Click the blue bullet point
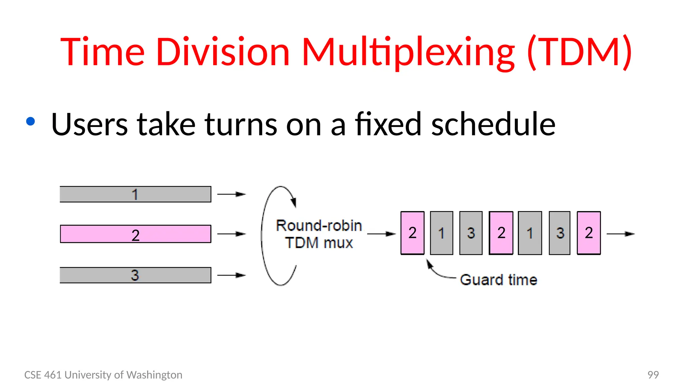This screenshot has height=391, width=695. pyautogui.click(x=31, y=122)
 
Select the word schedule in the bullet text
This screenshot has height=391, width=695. pyautogui.click(x=493, y=124)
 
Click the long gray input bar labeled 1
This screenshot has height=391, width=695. pyautogui.click(x=135, y=194)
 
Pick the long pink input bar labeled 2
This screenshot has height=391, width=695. pyautogui.click(x=135, y=234)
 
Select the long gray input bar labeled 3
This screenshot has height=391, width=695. pyautogui.click(x=135, y=275)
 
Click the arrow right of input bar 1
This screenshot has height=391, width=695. pyautogui.click(x=231, y=194)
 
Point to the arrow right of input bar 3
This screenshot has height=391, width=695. pyautogui.click(x=231, y=275)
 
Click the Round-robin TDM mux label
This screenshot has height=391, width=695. pyautogui.click(x=319, y=234)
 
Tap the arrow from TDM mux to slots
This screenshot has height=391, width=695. pyautogui.click(x=381, y=234)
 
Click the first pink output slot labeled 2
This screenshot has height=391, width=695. pyautogui.click(x=412, y=233)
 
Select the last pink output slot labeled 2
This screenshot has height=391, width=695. pyautogui.click(x=589, y=233)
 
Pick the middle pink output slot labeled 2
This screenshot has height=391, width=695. pyautogui.click(x=501, y=233)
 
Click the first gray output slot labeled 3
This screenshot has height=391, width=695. pyautogui.click(x=471, y=233)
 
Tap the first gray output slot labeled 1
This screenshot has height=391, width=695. pyautogui.click(x=442, y=233)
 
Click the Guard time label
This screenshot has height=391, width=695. pyautogui.click(x=499, y=280)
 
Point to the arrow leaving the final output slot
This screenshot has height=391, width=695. pyautogui.click(x=620, y=234)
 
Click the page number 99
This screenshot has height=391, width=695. pyautogui.click(x=653, y=375)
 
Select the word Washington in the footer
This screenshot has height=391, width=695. pyautogui.click(x=154, y=375)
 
